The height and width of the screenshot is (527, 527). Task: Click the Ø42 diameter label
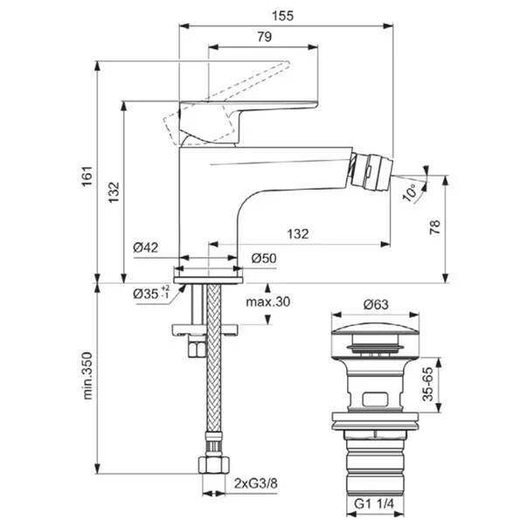click(146, 247)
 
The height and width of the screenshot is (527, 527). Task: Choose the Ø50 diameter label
click(264, 259)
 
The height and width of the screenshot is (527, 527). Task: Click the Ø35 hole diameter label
click(150, 294)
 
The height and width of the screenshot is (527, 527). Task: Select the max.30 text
click(267, 302)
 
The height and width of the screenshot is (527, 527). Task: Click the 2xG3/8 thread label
click(259, 481)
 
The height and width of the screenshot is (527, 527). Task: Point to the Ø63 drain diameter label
click(375, 305)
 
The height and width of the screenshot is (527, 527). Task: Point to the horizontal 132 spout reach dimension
click(298, 233)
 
